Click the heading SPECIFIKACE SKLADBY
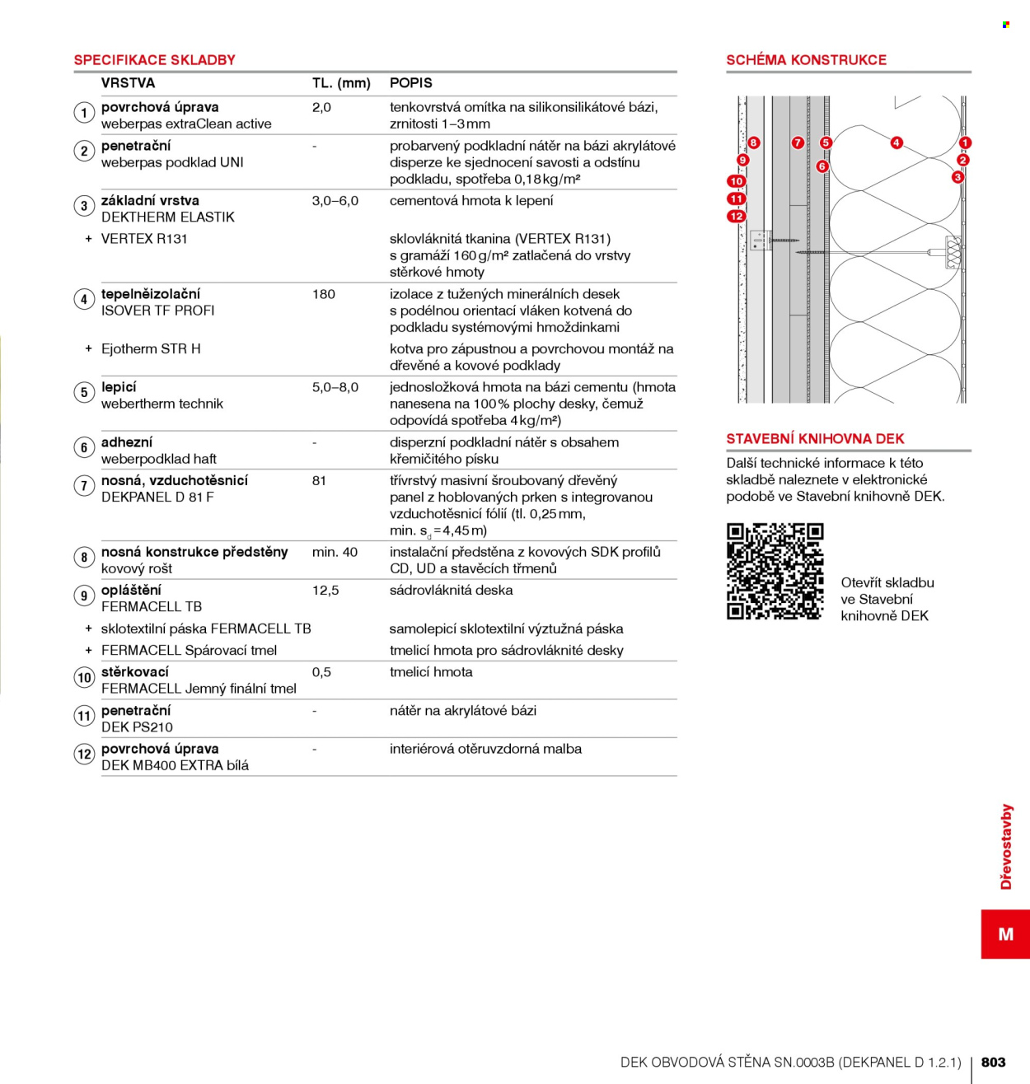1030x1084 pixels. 154,60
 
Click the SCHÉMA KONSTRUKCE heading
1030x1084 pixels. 806,60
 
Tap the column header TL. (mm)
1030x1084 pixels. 341,83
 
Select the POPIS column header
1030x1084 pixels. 411,83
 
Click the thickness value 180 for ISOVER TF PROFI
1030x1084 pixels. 323,294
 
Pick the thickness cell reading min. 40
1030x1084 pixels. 335,552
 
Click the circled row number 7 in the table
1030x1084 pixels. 84,486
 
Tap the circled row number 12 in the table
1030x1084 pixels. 84,754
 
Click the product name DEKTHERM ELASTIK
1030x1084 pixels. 168,217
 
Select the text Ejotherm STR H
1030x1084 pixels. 151,349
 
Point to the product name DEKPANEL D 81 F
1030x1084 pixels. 157,498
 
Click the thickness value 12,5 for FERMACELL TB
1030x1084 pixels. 325,591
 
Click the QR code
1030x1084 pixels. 775,571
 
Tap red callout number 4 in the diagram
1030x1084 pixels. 897,143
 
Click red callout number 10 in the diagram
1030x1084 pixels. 736,181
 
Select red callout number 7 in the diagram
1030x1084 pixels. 797,143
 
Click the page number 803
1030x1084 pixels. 993,1062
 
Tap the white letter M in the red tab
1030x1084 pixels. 1005,934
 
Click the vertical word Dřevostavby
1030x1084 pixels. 1006,846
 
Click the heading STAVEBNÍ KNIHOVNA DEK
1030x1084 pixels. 815,439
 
